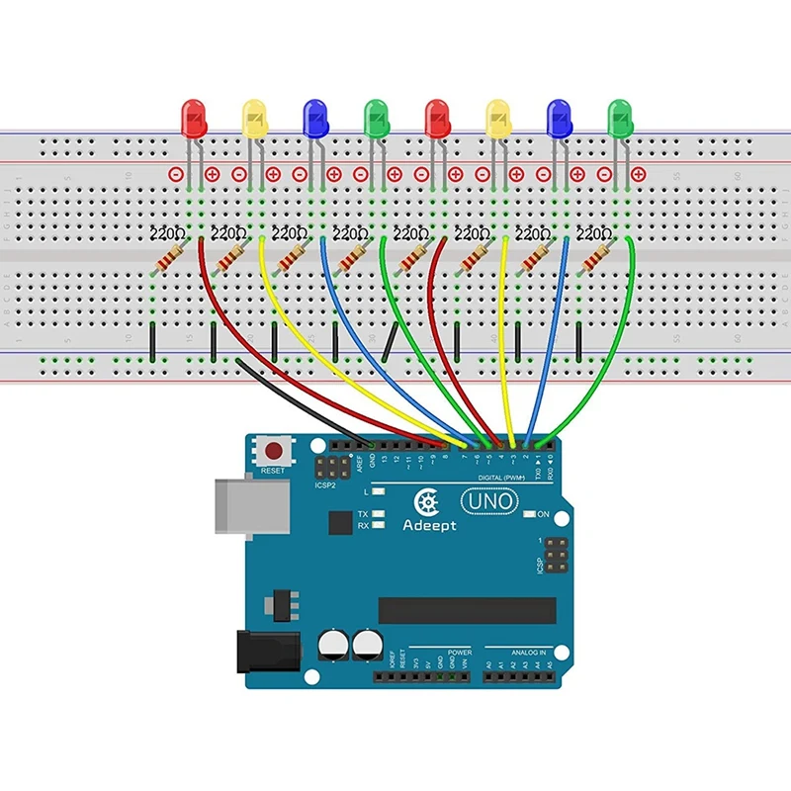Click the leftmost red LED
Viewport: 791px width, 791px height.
click(x=194, y=119)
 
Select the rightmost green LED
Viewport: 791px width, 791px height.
click(x=620, y=119)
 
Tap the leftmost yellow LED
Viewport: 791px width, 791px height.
click(x=255, y=119)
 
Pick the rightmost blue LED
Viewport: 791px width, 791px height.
click(x=559, y=119)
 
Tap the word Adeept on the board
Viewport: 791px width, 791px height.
click(x=429, y=526)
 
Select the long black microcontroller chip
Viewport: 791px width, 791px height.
click(x=467, y=610)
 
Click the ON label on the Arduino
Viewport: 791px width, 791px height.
click(x=543, y=514)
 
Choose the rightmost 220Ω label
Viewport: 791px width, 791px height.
click(x=593, y=235)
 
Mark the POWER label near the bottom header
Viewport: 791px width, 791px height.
click(x=460, y=654)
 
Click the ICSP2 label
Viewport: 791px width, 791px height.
click(x=326, y=484)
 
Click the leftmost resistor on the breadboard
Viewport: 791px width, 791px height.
click(x=170, y=260)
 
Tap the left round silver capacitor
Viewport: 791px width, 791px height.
click(x=332, y=648)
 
